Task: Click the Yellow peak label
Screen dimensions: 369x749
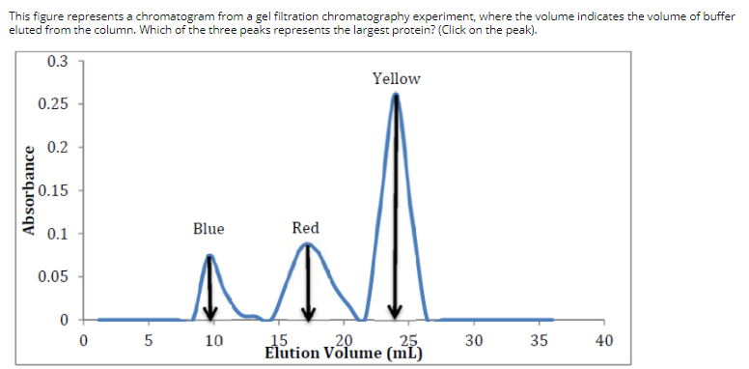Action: pyautogui.click(x=396, y=78)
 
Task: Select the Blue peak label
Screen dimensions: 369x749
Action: pyautogui.click(x=208, y=229)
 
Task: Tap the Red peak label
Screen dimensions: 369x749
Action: pyautogui.click(x=305, y=229)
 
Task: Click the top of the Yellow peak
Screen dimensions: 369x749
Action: pyautogui.click(x=396, y=96)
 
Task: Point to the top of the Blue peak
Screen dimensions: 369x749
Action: pyautogui.click(x=209, y=256)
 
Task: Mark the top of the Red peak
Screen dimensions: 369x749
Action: pyautogui.click(x=307, y=244)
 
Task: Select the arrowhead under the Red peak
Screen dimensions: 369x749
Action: pyautogui.click(x=308, y=311)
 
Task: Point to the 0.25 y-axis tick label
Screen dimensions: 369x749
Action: pyautogui.click(x=53, y=104)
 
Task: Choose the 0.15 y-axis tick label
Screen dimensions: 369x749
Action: pyautogui.click(x=53, y=190)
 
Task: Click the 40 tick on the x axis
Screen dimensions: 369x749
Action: pyautogui.click(x=605, y=340)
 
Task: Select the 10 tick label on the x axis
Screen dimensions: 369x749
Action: pyautogui.click(x=213, y=340)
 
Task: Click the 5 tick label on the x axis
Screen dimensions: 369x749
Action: pyautogui.click(x=148, y=340)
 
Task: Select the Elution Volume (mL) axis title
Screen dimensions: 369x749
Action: pyautogui.click(x=343, y=352)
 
